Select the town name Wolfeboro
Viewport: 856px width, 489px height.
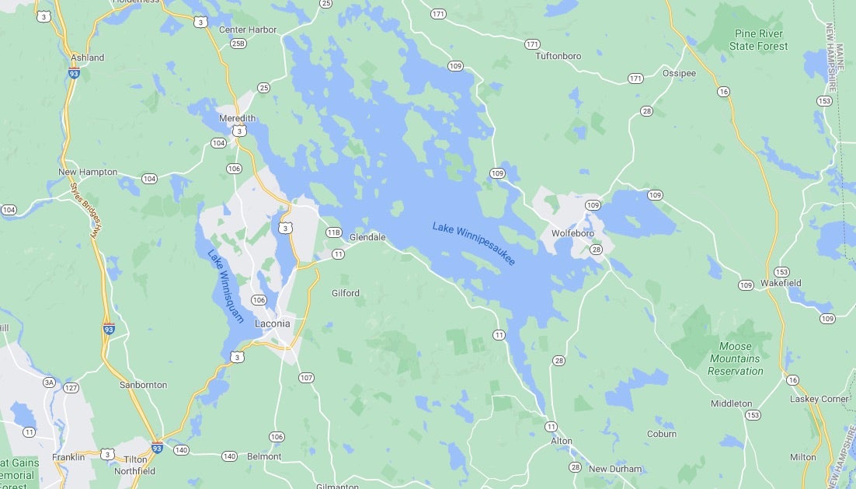(572, 233)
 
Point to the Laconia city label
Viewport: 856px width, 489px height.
(272, 323)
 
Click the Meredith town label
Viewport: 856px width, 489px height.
(237, 118)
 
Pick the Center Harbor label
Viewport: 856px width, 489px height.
(248, 30)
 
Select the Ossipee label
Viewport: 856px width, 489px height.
(679, 73)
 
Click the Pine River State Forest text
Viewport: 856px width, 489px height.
(758, 40)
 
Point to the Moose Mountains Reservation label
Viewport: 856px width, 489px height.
(735, 359)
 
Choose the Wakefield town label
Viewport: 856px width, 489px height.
(781, 283)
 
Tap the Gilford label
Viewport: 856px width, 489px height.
(345, 293)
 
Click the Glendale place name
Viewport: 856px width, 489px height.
(367, 238)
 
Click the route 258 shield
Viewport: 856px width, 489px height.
(238, 44)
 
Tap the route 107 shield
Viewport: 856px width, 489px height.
(306, 378)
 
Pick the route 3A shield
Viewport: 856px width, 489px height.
(50, 382)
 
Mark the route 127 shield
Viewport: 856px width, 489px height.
(71, 388)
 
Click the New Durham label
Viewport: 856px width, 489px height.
(615, 469)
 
